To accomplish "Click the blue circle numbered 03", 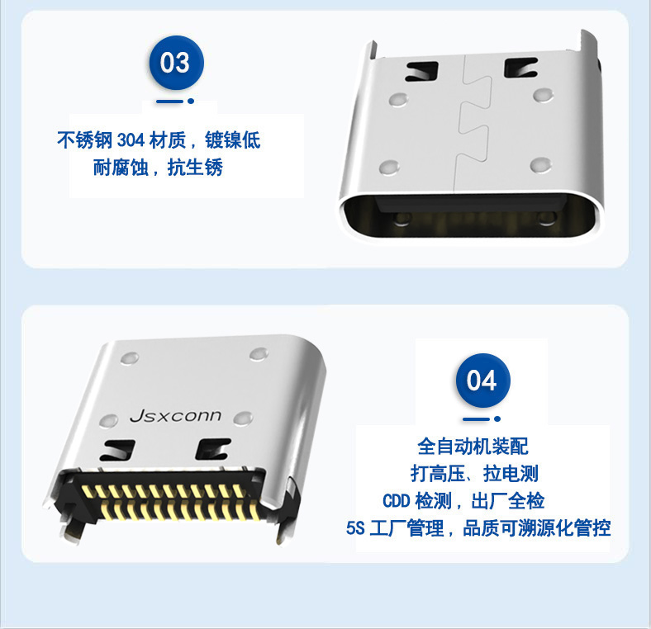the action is pos(177,63).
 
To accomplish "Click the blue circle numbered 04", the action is pos(482,381).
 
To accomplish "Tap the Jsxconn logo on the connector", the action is pos(175,416).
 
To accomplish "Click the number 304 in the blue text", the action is pos(131,140).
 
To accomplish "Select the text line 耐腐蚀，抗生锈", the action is pos(158,168).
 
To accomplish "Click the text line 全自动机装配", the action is pos(473,447).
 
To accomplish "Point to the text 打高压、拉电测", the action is pos(474,474).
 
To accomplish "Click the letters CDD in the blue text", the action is pos(396,501).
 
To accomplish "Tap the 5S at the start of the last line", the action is pos(355,528).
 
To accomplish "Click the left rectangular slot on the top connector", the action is pos(422,71).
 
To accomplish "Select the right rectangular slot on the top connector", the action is pos(520,68).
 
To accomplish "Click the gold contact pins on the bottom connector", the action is pos(169,500).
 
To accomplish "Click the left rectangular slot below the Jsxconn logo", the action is pos(117,450).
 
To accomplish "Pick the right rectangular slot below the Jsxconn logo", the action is pos(213,448).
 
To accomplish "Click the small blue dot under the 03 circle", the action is pos(191,101).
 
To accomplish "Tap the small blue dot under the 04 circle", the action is pos(497,419).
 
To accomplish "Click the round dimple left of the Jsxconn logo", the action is pos(109,421).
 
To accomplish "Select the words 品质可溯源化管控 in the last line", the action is pos(536,528).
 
